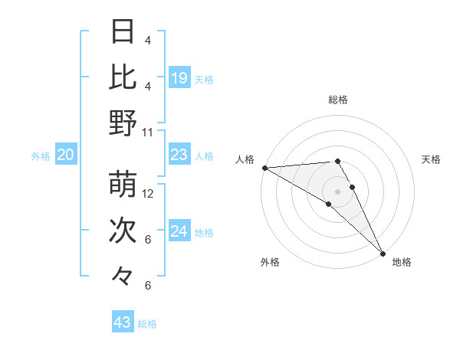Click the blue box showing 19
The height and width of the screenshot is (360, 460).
(179, 77)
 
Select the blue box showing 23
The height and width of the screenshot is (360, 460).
(179, 155)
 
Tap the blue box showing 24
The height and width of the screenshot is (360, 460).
(179, 231)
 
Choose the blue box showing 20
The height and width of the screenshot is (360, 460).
(66, 155)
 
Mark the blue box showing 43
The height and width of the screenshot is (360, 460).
(123, 322)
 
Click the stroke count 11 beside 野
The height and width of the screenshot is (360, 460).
(148, 132)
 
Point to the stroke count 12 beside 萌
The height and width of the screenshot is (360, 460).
(148, 194)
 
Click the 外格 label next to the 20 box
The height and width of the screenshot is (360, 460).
(41, 156)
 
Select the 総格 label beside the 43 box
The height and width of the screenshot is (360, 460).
(148, 324)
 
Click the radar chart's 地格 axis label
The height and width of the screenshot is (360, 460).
(402, 262)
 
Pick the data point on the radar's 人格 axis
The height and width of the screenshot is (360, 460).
(264, 168)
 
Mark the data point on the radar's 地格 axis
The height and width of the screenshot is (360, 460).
(383, 253)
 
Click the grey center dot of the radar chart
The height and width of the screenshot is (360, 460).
(337, 190)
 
